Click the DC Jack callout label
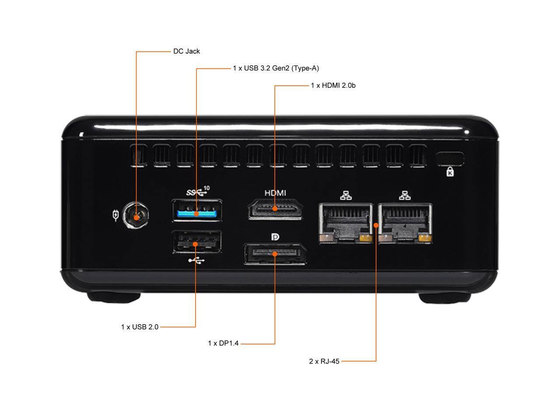(186, 51)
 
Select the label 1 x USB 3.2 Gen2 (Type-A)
(276, 68)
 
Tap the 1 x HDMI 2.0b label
(333, 85)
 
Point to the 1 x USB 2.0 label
(140, 327)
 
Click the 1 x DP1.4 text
(223, 343)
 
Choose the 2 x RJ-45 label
(324, 361)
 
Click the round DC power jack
(136, 216)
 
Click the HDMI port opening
(275, 209)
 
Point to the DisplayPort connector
(275, 255)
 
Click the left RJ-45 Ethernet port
(346, 223)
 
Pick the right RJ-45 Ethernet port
(405, 223)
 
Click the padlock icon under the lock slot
(450, 172)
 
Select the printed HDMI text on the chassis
(275, 193)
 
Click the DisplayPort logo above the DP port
(275, 237)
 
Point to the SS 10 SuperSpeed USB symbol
(197, 191)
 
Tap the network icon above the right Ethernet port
(405, 195)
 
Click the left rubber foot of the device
(114, 297)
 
